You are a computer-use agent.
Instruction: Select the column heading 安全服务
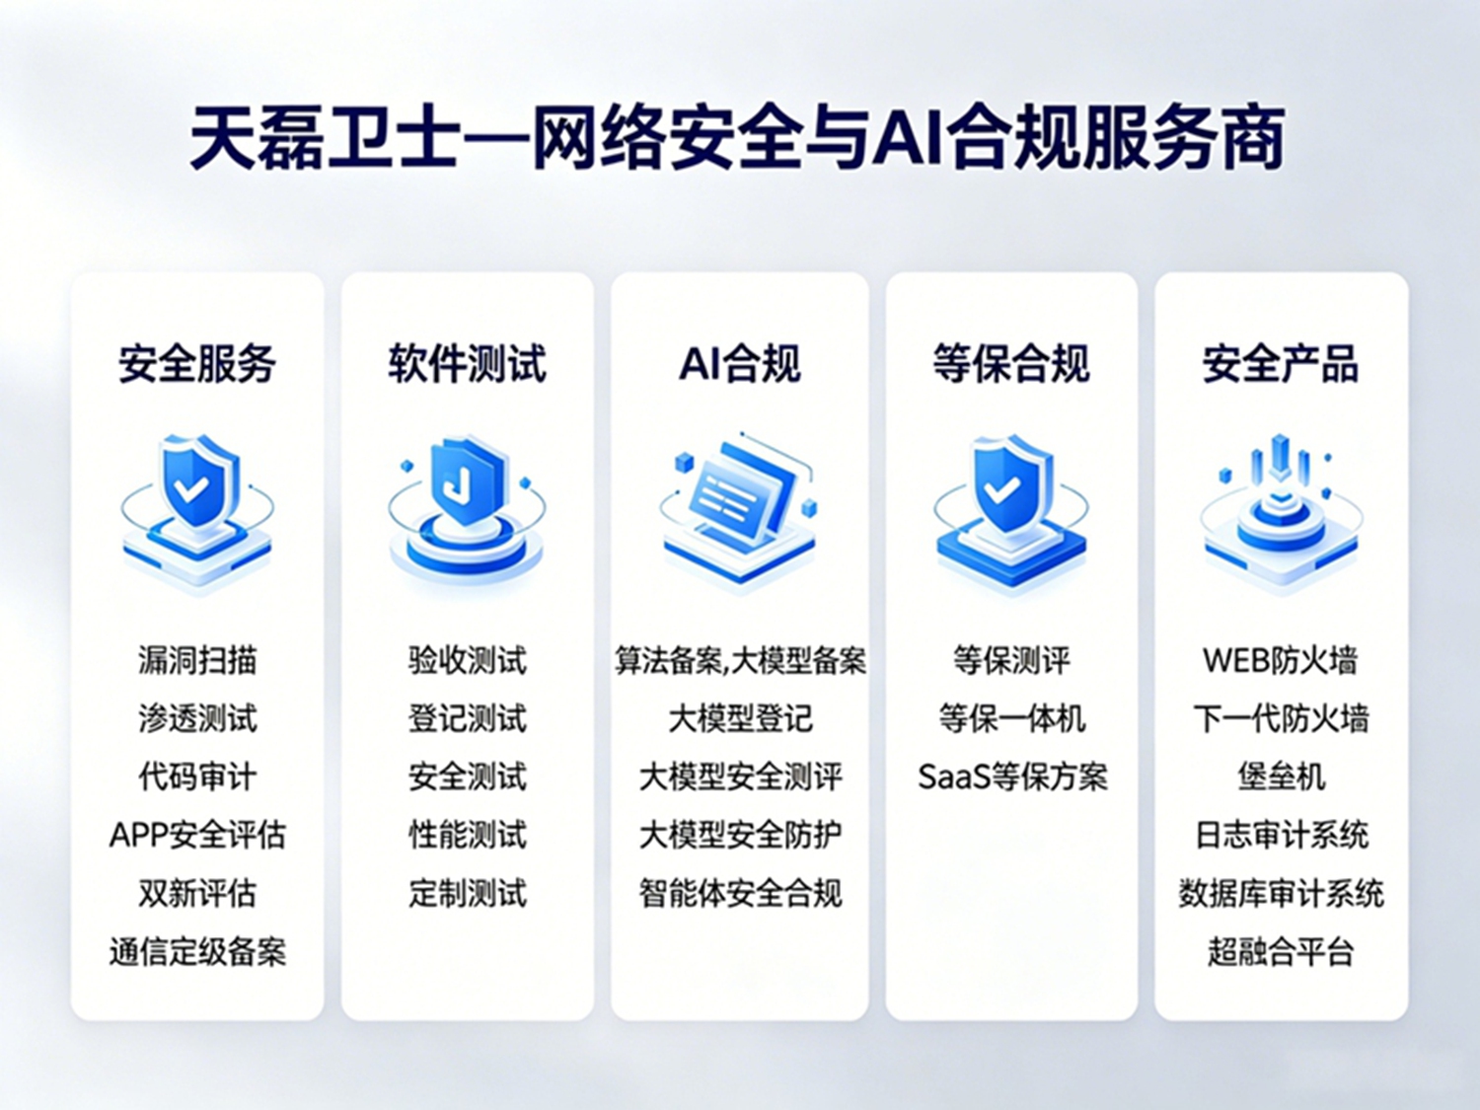[197, 365]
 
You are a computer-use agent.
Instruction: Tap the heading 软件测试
[468, 365]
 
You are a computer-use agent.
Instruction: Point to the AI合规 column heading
[740, 365]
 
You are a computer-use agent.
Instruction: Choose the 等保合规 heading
[1010, 365]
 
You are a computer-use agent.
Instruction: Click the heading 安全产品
[1281, 365]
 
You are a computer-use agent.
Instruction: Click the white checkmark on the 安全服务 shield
[190, 489]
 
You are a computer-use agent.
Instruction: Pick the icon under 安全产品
[1281, 513]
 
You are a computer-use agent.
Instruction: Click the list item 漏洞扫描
[197, 660]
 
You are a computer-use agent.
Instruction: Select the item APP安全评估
[197, 836]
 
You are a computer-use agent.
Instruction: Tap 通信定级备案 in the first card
[197, 952]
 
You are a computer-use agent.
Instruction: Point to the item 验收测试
[468, 660]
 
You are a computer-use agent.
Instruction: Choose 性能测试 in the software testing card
[468, 836]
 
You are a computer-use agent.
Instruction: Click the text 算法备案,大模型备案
[740, 660]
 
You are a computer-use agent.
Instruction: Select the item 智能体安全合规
[740, 894]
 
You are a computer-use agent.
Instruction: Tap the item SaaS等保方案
[1012, 777]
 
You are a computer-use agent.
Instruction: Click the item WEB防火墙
[1281, 660]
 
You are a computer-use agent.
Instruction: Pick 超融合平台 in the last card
[1281, 952]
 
